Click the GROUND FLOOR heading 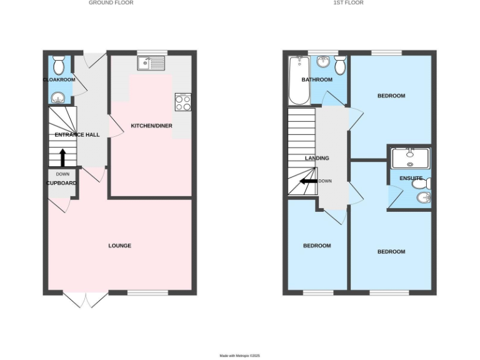point(111,2)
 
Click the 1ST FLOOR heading point(348,2)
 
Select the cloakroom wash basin point(58,97)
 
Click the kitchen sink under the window point(152,62)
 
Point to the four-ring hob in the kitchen point(184,102)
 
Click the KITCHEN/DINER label point(151,126)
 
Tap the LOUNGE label point(119,246)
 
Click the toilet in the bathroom point(340,64)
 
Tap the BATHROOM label point(317,80)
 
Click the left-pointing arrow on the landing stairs point(308,181)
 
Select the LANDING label point(317,158)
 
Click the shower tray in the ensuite point(410,157)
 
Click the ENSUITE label point(411,178)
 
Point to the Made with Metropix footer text point(239,356)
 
